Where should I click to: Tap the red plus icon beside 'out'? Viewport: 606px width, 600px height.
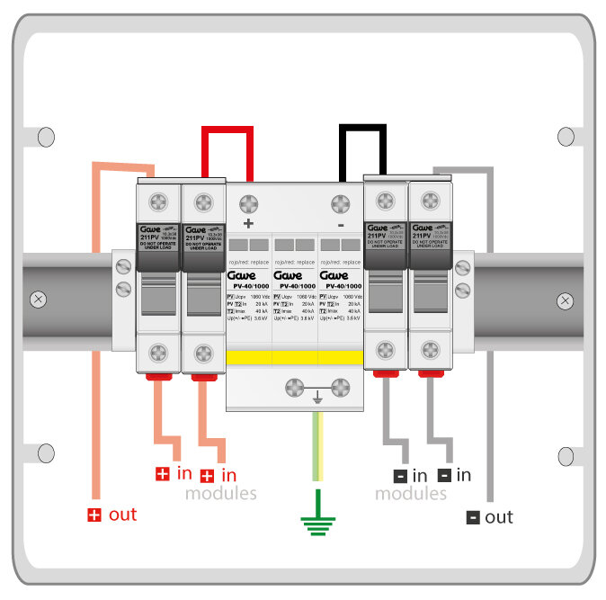(x=94, y=515)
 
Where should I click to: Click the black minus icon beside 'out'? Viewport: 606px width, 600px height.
(x=473, y=517)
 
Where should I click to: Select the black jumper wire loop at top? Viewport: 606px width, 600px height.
(x=362, y=130)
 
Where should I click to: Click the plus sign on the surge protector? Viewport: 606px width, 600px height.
(x=249, y=222)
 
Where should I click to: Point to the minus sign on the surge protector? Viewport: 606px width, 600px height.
(x=341, y=223)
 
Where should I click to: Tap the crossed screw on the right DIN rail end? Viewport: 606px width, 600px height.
(x=565, y=299)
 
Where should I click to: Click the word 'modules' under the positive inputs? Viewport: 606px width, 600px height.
(x=220, y=493)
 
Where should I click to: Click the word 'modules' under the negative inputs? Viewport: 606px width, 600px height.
(x=410, y=494)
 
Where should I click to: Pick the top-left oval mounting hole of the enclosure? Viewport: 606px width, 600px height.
(x=46, y=137)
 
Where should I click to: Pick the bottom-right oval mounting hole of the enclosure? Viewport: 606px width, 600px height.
(x=566, y=455)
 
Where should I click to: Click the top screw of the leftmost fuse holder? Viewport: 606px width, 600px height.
(x=158, y=201)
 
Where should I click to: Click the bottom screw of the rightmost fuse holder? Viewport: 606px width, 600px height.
(x=431, y=351)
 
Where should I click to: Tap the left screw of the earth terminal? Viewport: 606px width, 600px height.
(x=294, y=388)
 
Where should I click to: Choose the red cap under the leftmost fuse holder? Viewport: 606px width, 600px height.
(x=158, y=375)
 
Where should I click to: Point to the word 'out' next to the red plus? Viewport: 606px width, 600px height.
(x=123, y=515)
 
